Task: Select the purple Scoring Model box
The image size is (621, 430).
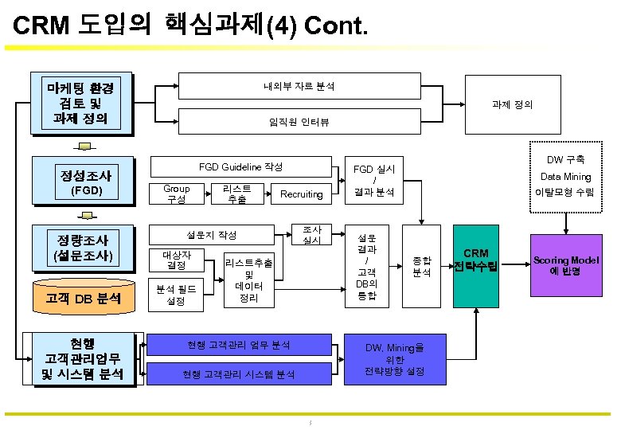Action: [x=566, y=266]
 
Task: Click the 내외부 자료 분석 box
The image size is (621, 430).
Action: [x=299, y=86]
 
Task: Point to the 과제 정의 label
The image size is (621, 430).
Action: [x=513, y=104]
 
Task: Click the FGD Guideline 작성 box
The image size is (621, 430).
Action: [x=240, y=166]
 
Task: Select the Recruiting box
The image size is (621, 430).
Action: [x=302, y=193]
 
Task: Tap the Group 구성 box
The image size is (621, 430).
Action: [x=176, y=193]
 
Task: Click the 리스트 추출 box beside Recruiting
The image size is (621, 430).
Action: [x=236, y=193]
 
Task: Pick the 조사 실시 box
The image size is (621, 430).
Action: [x=311, y=234]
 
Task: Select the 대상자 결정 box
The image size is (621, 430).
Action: [x=176, y=260]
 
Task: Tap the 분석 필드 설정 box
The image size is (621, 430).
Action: [x=176, y=295]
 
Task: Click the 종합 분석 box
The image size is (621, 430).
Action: [x=421, y=266]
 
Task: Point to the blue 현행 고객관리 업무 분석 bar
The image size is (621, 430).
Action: [x=238, y=345]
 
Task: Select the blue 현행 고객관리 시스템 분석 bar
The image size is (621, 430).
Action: [x=238, y=373]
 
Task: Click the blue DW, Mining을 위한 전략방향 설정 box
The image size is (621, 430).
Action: [x=394, y=359]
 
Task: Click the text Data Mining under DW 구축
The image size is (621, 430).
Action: [x=566, y=177]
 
